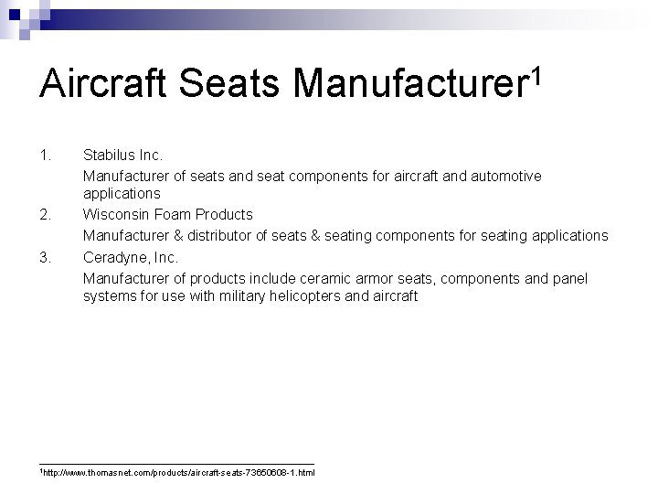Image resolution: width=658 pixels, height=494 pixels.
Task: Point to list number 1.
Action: pyautogui.click(x=46, y=154)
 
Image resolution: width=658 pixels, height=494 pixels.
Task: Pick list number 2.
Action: pyautogui.click(x=46, y=215)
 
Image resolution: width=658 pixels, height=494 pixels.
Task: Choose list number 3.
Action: pyautogui.click(x=46, y=256)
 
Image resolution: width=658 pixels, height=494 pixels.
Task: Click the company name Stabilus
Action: pyautogui.click(x=110, y=154)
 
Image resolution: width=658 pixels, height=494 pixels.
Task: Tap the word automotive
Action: pyautogui.click(x=507, y=175)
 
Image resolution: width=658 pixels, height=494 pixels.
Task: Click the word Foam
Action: pyautogui.click(x=171, y=215)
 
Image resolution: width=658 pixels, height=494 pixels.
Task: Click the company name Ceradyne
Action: pyautogui.click(x=115, y=256)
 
